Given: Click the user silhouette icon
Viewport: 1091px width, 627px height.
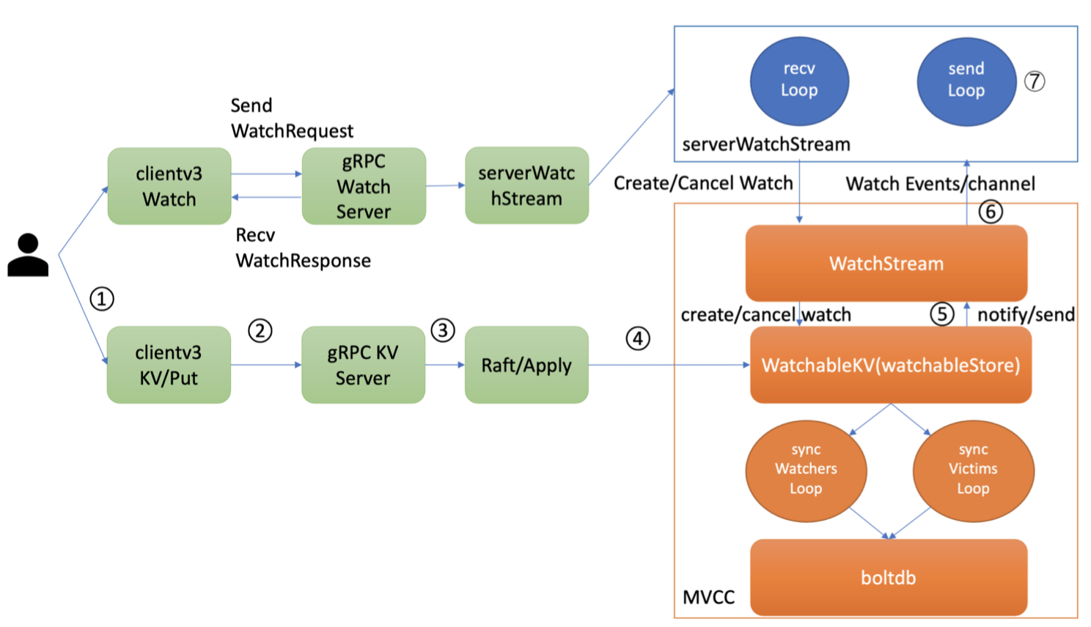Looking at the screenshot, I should pyautogui.click(x=28, y=255).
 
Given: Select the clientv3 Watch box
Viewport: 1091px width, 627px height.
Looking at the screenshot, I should pyautogui.click(x=169, y=186).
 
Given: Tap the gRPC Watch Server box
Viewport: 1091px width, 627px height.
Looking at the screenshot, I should pyautogui.click(x=364, y=186).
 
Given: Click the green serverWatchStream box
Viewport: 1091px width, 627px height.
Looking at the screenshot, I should pyautogui.click(x=526, y=185).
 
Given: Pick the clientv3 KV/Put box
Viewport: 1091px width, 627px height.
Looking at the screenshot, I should pyautogui.click(x=169, y=365).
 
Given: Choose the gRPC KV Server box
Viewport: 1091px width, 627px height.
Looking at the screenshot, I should pyautogui.click(x=363, y=365).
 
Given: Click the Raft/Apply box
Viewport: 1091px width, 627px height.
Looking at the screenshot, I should pyautogui.click(x=526, y=365).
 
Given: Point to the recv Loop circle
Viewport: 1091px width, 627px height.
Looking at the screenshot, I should pyautogui.click(x=799, y=81).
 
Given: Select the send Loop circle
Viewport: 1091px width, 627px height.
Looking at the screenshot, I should pyautogui.click(x=966, y=81).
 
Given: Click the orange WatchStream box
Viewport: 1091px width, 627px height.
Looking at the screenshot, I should pyautogui.click(x=886, y=264).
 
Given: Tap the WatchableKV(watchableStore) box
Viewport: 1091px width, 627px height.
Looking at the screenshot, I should pyautogui.click(x=890, y=365).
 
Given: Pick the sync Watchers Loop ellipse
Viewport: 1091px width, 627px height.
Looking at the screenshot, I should pyautogui.click(x=806, y=470).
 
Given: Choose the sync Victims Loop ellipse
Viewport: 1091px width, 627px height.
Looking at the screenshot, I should pyautogui.click(x=973, y=470).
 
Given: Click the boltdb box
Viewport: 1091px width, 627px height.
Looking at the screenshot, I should pyautogui.click(x=888, y=577).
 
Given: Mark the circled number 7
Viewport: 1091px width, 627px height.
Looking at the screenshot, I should pyautogui.click(x=1035, y=81).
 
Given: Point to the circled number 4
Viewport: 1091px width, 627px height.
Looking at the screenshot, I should pyautogui.click(x=638, y=338).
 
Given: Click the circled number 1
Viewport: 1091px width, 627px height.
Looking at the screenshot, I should pyautogui.click(x=102, y=299).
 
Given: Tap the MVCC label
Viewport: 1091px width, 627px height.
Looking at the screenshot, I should pyautogui.click(x=708, y=598).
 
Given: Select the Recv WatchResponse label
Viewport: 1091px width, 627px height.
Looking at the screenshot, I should pyautogui.click(x=303, y=248).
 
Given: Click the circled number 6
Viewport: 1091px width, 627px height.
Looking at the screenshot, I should pyautogui.click(x=991, y=212).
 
